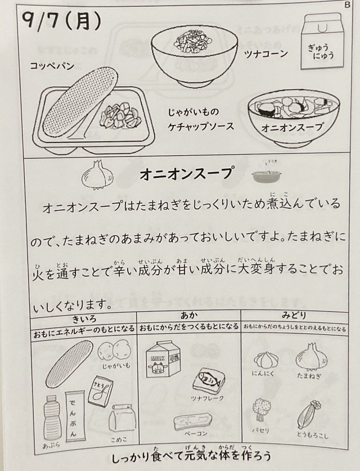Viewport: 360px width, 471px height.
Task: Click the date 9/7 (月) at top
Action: click(61, 21)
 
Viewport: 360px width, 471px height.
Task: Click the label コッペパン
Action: click(52, 66)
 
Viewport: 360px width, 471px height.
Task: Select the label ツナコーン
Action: click(266, 54)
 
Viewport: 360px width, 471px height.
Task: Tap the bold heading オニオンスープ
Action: click(186, 174)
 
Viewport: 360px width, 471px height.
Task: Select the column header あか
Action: click(189, 315)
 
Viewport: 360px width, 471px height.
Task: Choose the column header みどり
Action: click(294, 315)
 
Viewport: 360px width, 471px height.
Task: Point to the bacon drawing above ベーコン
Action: click(193, 421)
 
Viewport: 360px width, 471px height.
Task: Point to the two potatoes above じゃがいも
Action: click(113, 350)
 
